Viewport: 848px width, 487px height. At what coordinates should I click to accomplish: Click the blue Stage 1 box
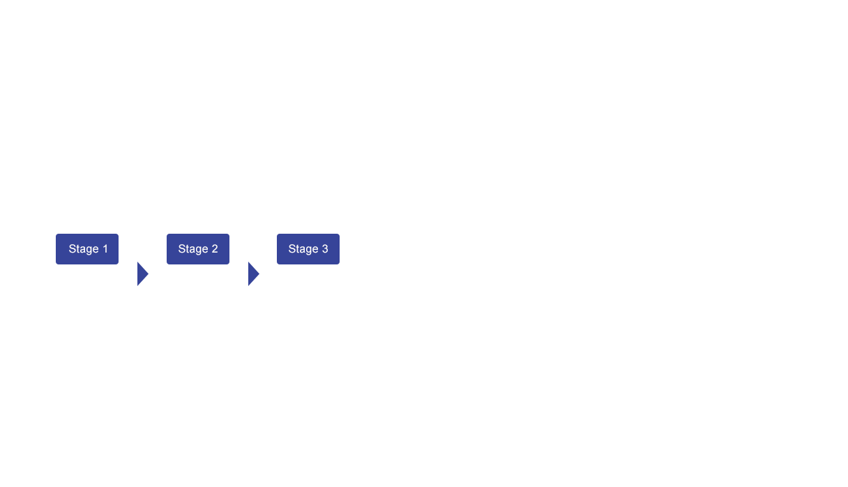(86, 249)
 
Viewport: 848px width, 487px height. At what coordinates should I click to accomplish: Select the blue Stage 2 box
(197, 249)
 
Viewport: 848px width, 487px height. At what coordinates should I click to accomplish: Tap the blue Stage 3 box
(308, 249)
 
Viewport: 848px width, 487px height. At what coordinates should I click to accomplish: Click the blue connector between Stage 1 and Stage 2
(143, 274)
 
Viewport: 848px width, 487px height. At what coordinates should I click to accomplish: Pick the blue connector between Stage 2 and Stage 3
(254, 274)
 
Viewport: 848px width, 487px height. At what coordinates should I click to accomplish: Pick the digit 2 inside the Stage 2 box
(215, 249)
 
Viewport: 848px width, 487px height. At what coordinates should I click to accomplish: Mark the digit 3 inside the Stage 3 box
(325, 249)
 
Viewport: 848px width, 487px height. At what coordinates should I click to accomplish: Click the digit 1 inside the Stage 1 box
(105, 249)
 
